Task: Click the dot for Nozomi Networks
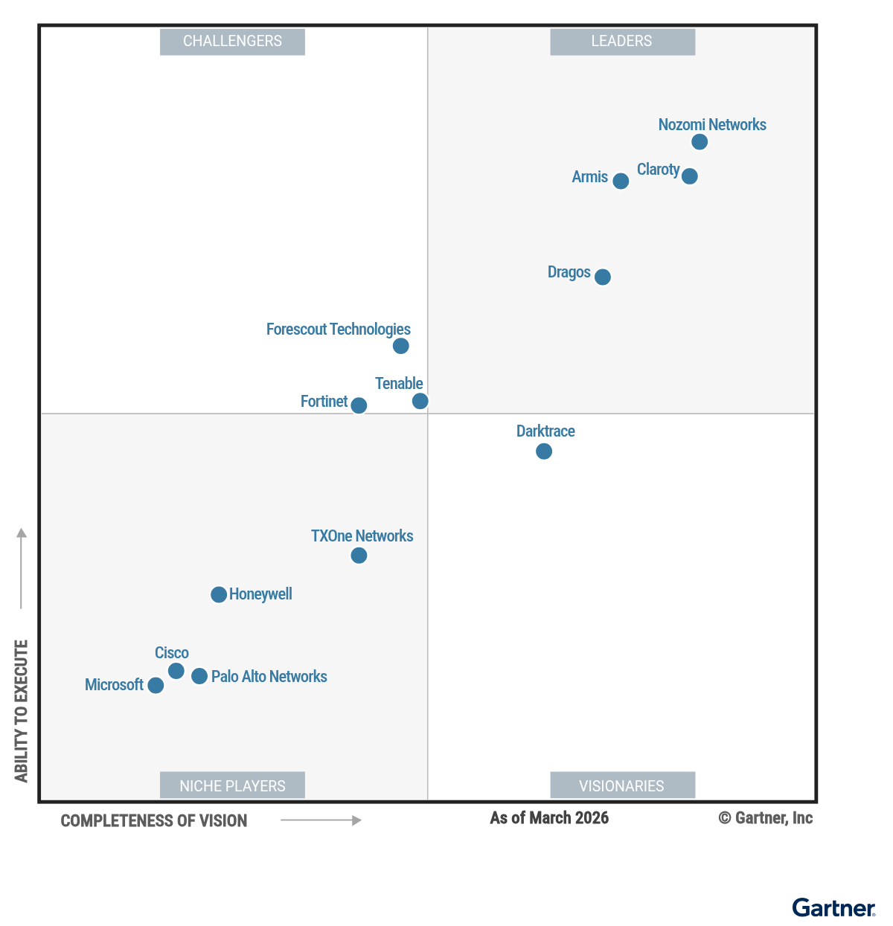click(700, 142)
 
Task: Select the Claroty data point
click(690, 176)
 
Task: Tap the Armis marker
click(621, 181)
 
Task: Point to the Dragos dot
click(603, 277)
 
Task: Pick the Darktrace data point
click(544, 451)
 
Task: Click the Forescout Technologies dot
click(400, 346)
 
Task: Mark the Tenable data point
click(420, 401)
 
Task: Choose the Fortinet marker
click(359, 405)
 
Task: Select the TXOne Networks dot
click(359, 556)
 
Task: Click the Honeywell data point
click(219, 594)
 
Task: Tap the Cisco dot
click(176, 671)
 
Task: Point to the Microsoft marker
click(156, 685)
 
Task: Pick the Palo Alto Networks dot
click(199, 676)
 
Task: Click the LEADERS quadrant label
click(622, 42)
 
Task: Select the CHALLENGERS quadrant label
click(232, 42)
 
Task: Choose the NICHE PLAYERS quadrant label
click(232, 785)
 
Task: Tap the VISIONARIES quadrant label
click(622, 785)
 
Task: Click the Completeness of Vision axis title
click(154, 821)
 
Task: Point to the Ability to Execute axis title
click(22, 710)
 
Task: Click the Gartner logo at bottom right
click(833, 908)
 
